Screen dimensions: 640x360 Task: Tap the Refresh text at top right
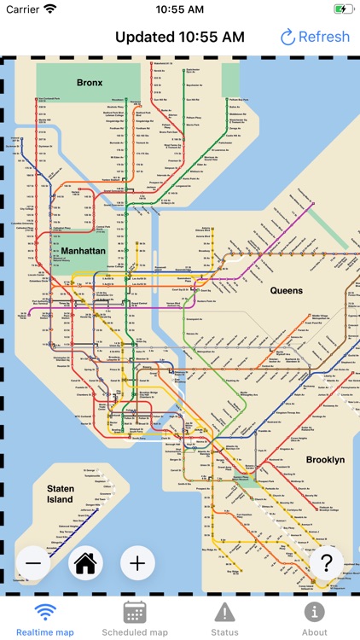[323, 37]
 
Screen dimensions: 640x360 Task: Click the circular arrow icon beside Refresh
[287, 37]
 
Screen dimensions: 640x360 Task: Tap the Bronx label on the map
[90, 83]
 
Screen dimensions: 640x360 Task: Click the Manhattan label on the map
[83, 251]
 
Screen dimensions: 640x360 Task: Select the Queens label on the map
[287, 290]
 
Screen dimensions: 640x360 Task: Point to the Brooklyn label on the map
[325, 459]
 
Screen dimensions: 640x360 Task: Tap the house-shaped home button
[86, 562]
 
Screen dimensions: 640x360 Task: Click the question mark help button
[326, 562]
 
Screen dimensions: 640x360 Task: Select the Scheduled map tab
[135, 619]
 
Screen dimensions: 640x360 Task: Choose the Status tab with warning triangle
[224, 619]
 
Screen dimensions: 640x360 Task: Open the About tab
[314, 619]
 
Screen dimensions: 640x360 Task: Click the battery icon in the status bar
[343, 9]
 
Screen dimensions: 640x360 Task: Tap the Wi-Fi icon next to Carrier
[50, 9]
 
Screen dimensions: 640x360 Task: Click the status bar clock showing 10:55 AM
[180, 9]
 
